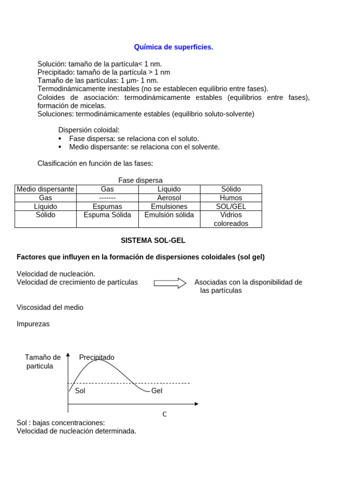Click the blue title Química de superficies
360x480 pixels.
coord(173,47)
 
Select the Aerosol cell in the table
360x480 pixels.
coord(169,198)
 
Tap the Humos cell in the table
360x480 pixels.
coord(231,198)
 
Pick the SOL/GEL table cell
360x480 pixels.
coord(231,206)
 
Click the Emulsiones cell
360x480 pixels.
coord(169,206)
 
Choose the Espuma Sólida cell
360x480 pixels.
coord(107,215)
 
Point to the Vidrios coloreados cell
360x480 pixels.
coord(231,219)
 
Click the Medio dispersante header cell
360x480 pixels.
coord(45,189)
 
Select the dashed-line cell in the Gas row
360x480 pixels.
coord(107,198)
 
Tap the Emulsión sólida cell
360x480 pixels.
coord(169,215)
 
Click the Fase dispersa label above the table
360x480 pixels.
coord(140,180)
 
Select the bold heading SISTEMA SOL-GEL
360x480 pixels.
coord(153,240)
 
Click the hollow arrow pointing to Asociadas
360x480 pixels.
coord(170,283)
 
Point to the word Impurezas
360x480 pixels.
coord(33,324)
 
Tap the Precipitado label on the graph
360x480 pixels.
coord(97,357)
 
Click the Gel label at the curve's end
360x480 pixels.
coord(157,390)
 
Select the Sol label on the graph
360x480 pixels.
coord(80,390)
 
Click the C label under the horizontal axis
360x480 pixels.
coord(165,414)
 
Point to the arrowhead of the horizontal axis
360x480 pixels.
coord(196,404)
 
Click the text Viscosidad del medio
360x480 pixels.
coord(50,307)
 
